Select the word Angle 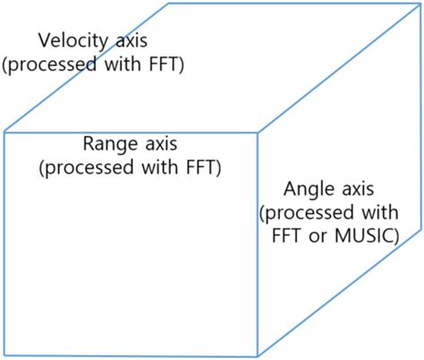[x=309, y=190]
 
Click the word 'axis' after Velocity [x=128, y=41]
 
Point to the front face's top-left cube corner [x=4, y=133]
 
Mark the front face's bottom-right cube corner [x=259, y=356]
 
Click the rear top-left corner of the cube [x=169, y=4]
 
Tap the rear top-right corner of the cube [x=420, y=4]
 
